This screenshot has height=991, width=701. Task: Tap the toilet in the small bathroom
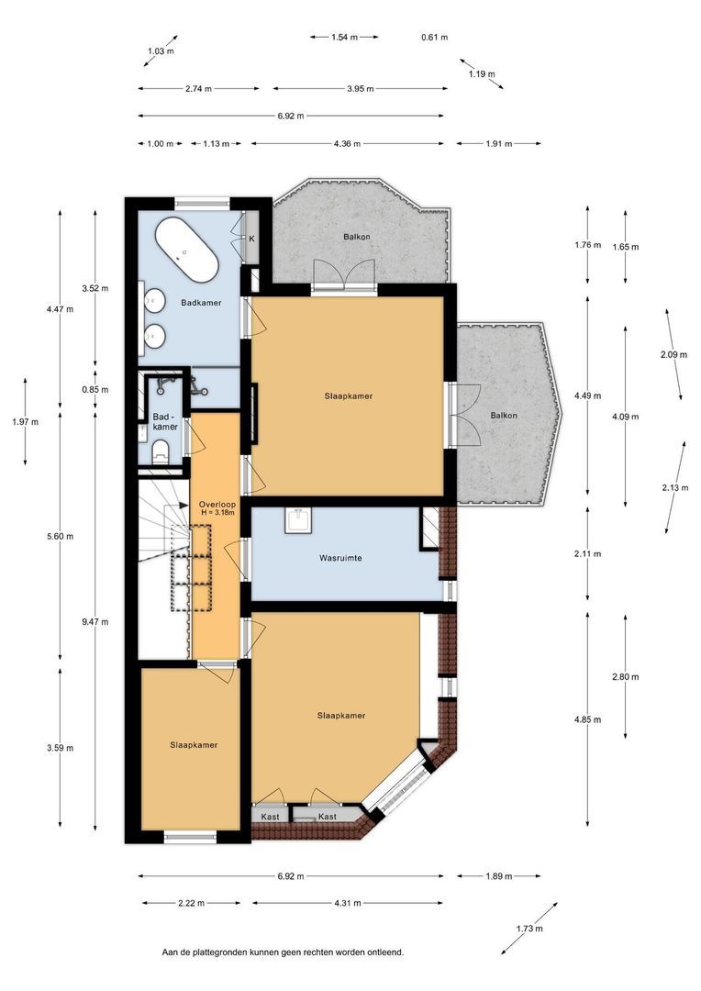tap(161, 451)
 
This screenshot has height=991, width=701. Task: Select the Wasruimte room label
tap(340, 558)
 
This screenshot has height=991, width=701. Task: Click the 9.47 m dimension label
tap(95, 622)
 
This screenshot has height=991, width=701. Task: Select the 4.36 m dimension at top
tap(347, 143)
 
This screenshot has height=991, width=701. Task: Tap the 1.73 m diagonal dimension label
tap(529, 929)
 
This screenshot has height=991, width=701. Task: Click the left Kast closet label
tap(270, 817)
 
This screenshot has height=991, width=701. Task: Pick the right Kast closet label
tap(328, 817)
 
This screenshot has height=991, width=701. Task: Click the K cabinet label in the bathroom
tap(251, 239)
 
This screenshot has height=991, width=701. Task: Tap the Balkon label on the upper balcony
tap(357, 237)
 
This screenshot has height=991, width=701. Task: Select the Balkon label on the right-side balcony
tap(504, 416)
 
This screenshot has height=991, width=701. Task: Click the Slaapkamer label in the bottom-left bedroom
tap(194, 745)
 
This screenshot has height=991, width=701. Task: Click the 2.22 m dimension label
tap(191, 903)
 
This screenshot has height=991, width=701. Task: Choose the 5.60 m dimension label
tap(60, 537)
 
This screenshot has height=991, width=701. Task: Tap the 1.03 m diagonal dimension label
tap(161, 51)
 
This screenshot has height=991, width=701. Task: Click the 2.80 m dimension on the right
tap(625, 677)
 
